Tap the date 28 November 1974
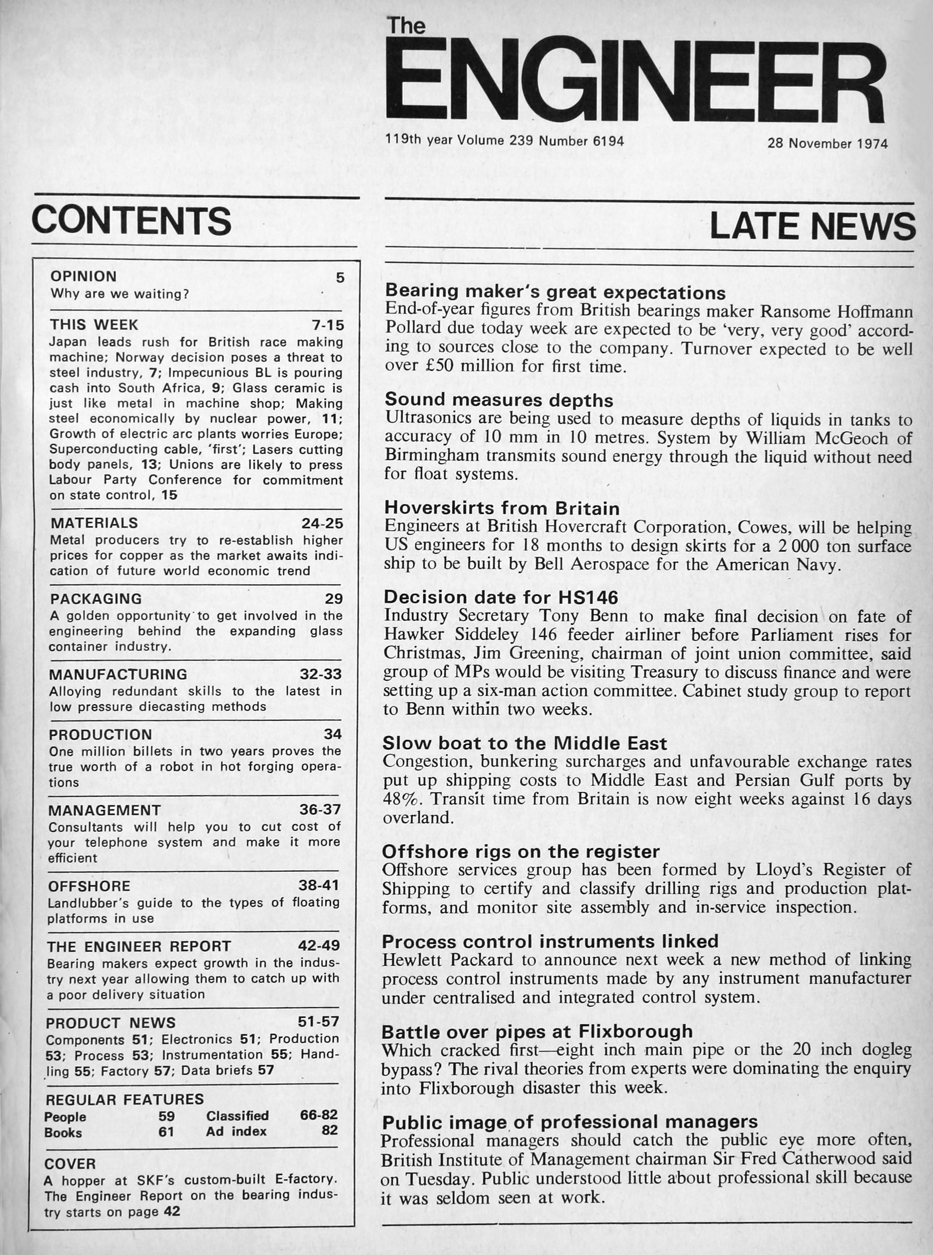tap(827, 143)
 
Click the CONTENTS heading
tap(132, 221)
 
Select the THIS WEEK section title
tap(94, 325)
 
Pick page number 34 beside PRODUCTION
tap(333, 734)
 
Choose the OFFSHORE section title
tap(89, 886)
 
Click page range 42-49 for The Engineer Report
tap(319, 946)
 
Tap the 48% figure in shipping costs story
tap(401, 799)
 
